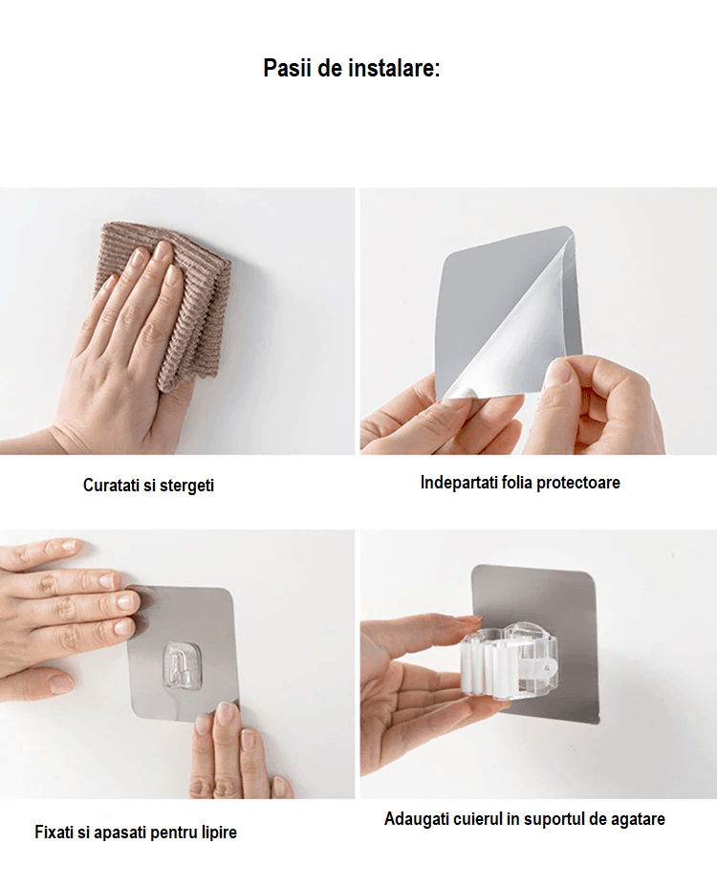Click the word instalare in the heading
pyautogui.click(x=393, y=69)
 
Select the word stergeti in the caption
pyautogui.click(x=186, y=486)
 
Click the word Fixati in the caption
pyautogui.click(x=54, y=833)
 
